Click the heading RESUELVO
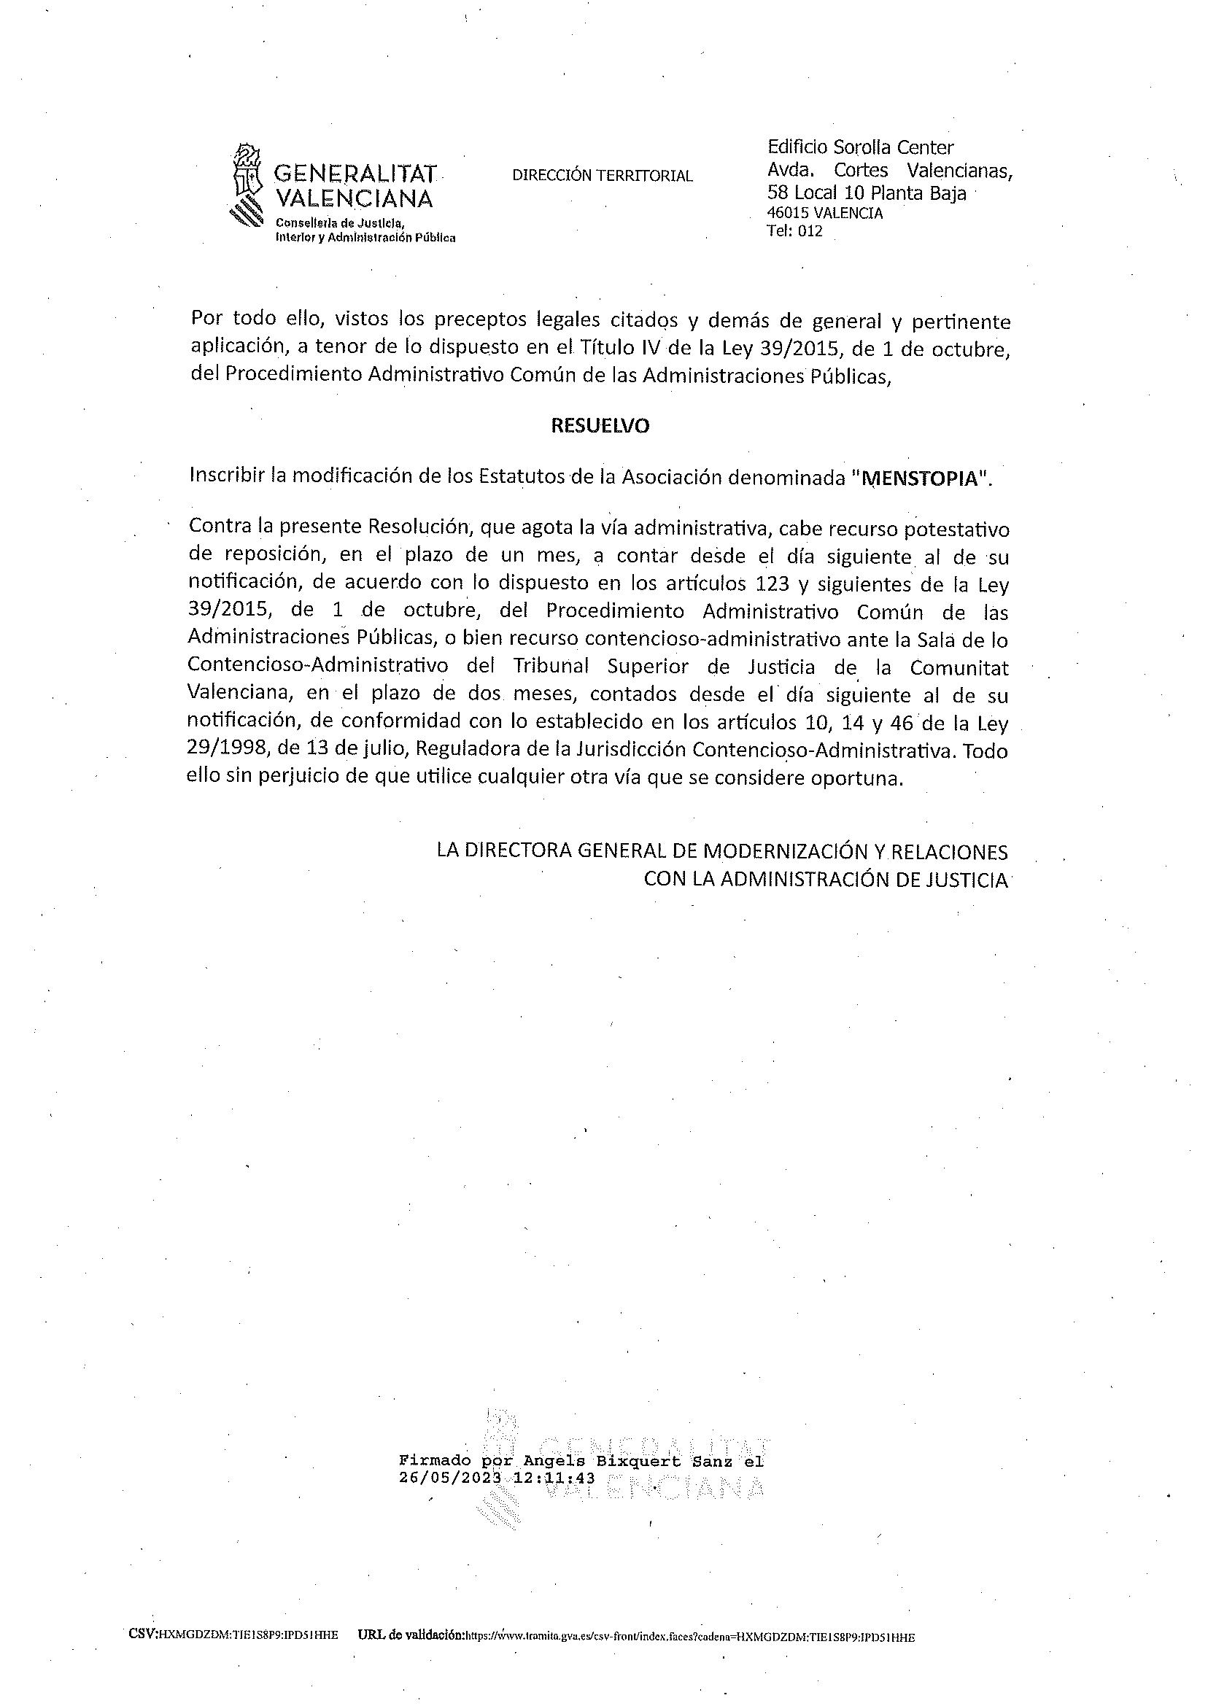pyautogui.click(x=600, y=426)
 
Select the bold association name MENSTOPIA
pyautogui.click(x=919, y=478)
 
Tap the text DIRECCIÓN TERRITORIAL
pyautogui.click(x=603, y=177)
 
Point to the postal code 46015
pyautogui.click(x=788, y=214)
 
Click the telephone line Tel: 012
pyautogui.click(x=794, y=231)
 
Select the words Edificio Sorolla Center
pyautogui.click(x=860, y=147)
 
